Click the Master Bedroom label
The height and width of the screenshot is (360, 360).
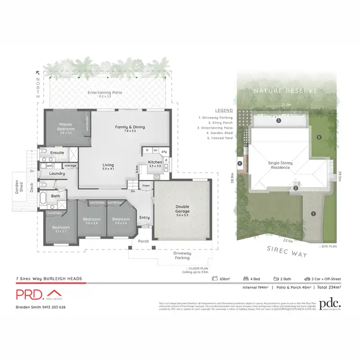(x=66, y=127)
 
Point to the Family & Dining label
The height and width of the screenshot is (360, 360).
(x=130, y=129)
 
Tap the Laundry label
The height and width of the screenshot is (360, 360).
(x=57, y=174)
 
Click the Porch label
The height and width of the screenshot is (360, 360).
(x=144, y=241)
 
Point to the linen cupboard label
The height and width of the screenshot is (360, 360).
(x=146, y=185)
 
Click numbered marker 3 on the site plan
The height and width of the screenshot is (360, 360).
(x=278, y=121)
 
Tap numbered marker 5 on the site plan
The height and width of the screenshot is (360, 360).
(x=319, y=138)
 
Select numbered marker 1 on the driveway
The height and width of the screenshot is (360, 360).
(x=313, y=214)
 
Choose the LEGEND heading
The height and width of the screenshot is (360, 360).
(x=210, y=110)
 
